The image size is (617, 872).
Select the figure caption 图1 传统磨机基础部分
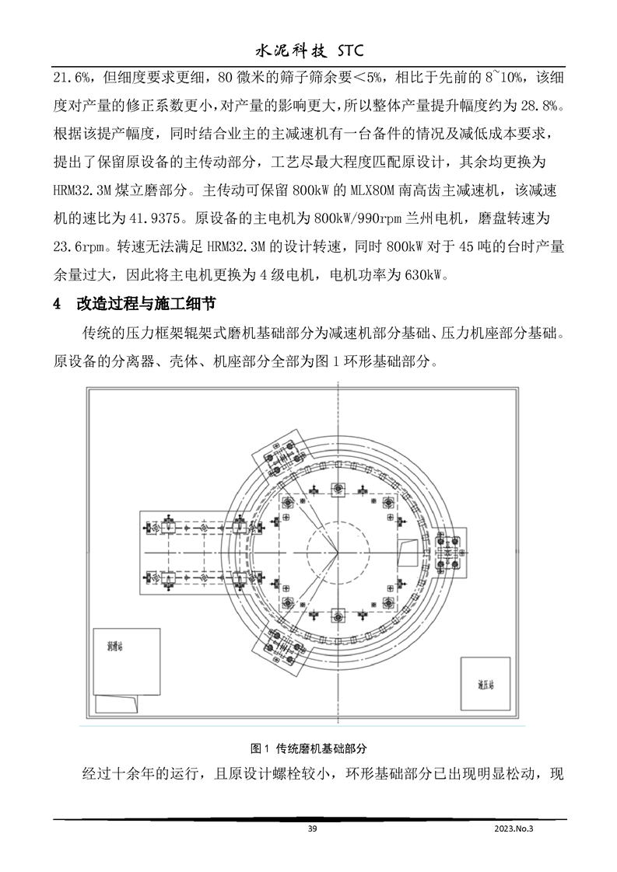pyautogui.click(x=308, y=748)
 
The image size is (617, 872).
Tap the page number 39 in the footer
pyautogui.click(x=312, y=829)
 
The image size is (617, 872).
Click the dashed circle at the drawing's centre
pyautogui.click(x=337, y=553)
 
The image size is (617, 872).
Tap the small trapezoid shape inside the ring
pyautogui.click(x=407, y=553)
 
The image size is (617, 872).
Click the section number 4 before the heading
pyautogui.click(x=56, y=303)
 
